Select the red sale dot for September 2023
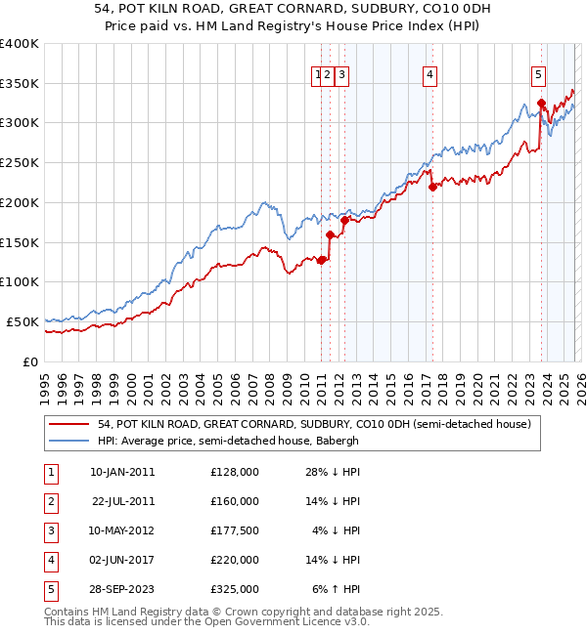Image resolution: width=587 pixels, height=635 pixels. point(540,102)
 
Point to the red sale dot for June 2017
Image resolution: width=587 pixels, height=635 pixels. point(431,187)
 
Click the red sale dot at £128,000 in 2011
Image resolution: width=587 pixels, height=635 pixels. point(321,259)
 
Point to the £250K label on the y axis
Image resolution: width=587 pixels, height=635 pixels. point(20,162)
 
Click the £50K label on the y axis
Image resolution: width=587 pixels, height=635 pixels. point(23,321)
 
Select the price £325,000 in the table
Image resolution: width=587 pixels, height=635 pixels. point(235,589)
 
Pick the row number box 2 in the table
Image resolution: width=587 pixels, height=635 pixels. point(50,501)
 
